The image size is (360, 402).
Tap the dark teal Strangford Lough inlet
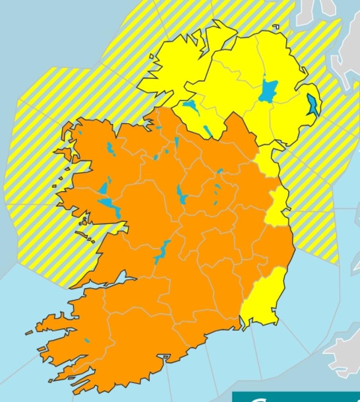[x=311, y=104]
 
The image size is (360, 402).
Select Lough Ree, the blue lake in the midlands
[x=181, y=194]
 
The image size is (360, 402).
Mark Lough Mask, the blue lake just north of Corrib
[x=103, y=189]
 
